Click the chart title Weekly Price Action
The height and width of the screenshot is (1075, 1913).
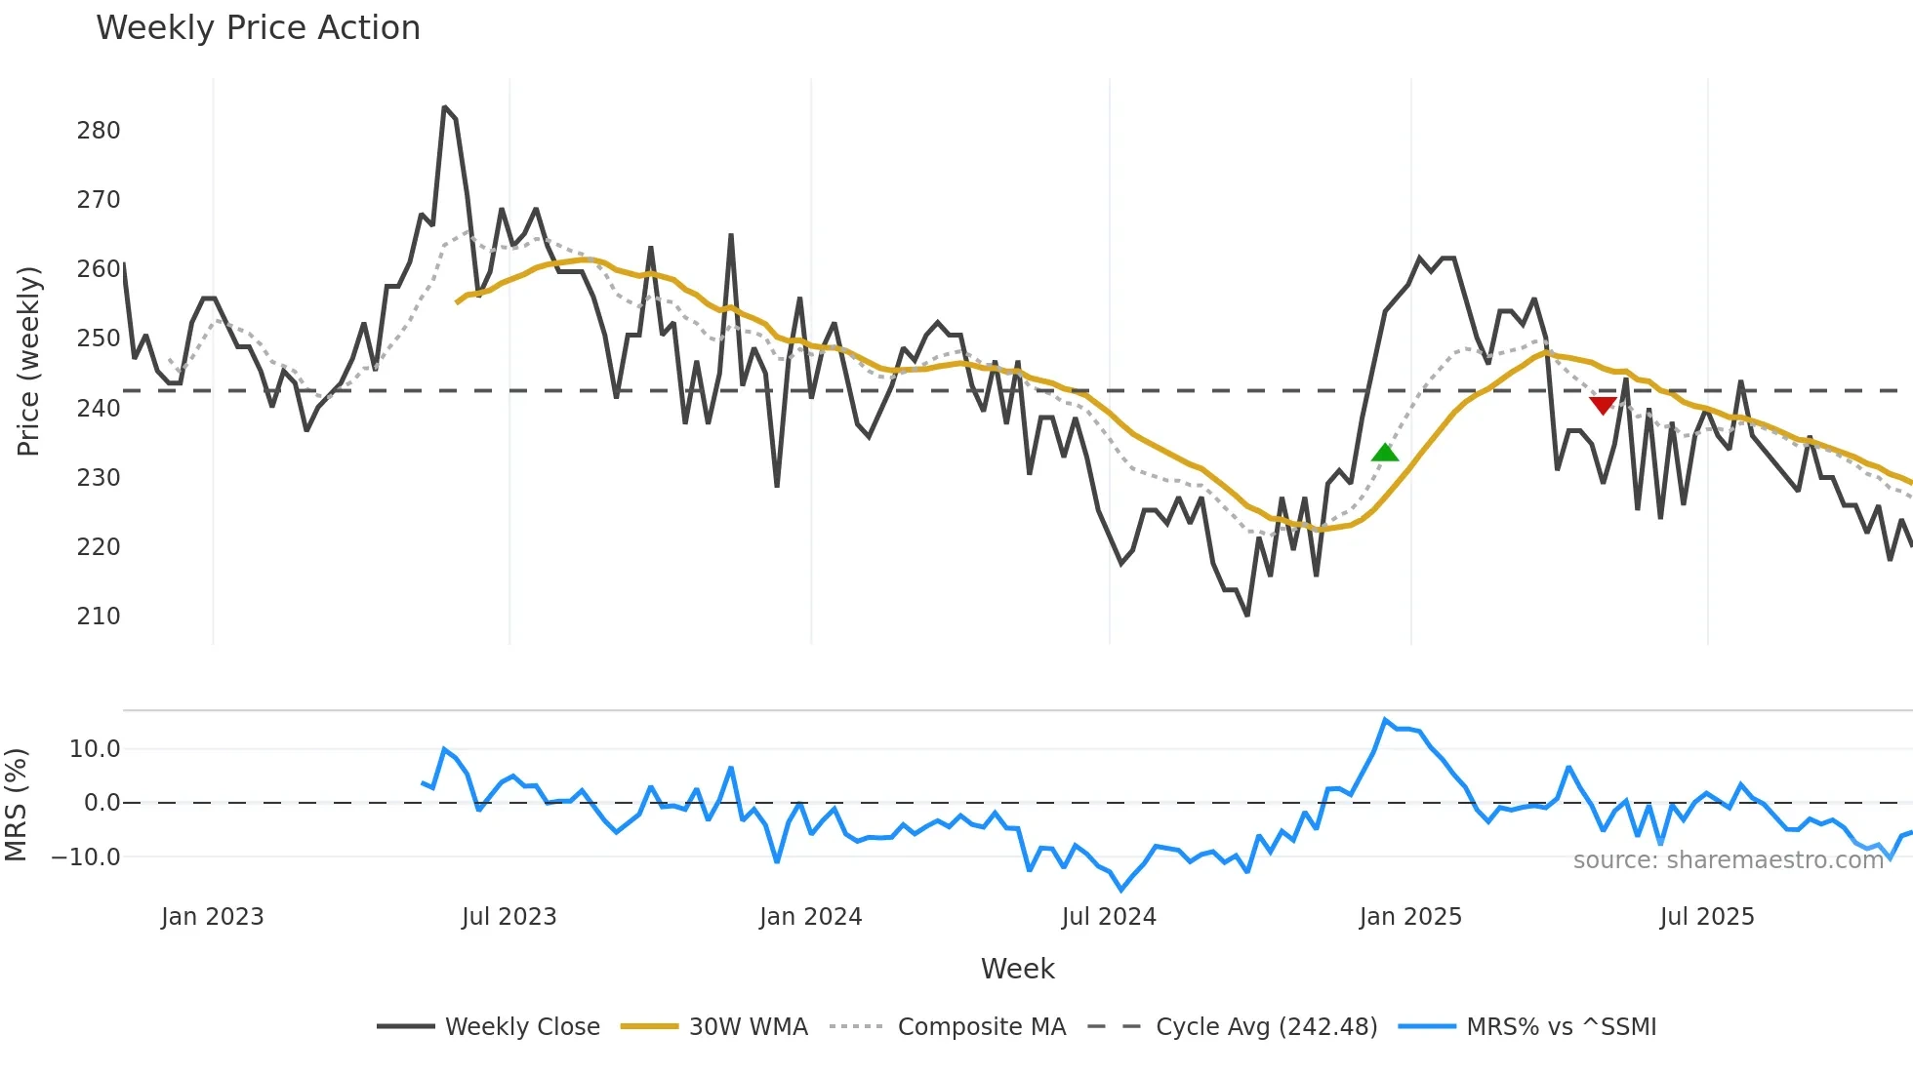point(258,28)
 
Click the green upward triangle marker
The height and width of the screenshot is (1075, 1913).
point(1385,453)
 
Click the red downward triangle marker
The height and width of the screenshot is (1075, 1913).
point(1603,405)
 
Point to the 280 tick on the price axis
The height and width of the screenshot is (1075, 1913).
point(99,131)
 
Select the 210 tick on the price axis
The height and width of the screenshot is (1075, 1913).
point(99,617)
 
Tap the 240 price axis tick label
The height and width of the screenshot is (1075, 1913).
point(99,409)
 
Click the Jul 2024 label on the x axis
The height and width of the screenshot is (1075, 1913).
point(1109,917)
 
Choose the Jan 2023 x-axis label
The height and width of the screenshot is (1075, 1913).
point(213,917)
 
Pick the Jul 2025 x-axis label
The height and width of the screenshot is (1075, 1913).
point(1707,917)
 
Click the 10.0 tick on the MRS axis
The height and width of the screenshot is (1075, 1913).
point(95,749)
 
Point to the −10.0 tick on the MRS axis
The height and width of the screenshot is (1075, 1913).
point(86,857)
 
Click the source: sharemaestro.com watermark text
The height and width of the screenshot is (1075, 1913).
point(1728,860)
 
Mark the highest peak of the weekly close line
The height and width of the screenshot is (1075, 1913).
point(444,107)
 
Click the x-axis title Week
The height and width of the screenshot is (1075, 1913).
point(1017,969)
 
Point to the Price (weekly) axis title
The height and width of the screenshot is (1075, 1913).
point(28,361)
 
